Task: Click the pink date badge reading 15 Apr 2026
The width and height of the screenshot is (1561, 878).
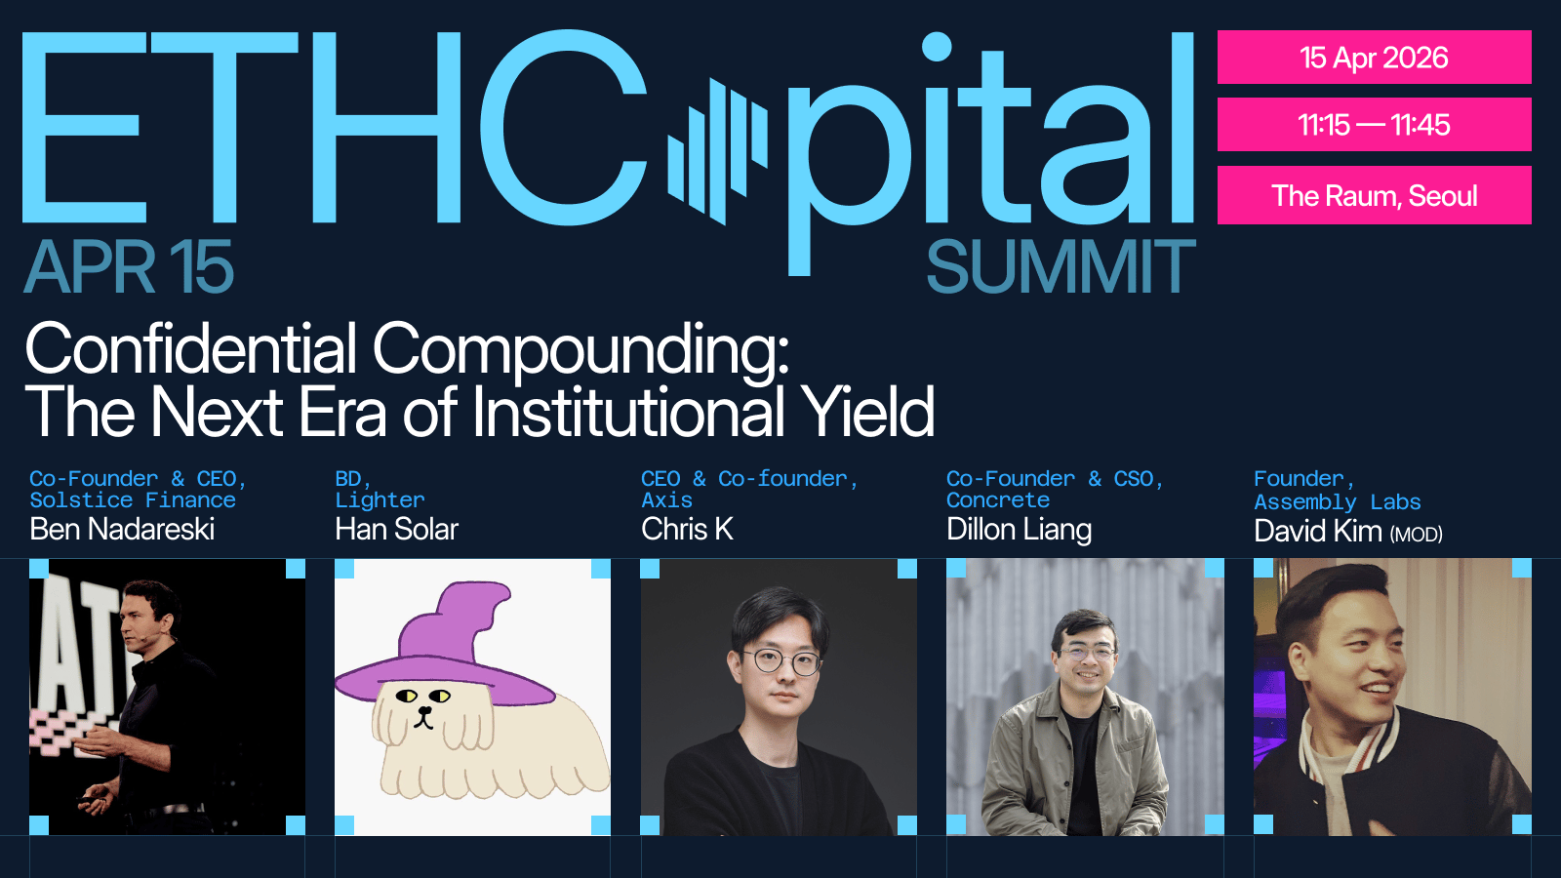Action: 1374,58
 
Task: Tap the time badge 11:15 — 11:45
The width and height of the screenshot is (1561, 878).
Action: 1374,125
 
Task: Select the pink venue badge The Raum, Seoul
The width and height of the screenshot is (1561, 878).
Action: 1374,196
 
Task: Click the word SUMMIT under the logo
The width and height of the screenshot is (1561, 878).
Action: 1061,266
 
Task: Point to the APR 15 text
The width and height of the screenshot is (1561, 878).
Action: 129,266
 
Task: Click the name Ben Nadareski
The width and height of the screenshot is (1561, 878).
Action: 122,530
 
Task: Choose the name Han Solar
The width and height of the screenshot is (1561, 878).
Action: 396,530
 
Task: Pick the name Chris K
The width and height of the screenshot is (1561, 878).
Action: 687,530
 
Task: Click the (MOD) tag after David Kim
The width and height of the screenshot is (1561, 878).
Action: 1416,535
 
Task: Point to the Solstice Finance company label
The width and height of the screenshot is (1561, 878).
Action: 133,500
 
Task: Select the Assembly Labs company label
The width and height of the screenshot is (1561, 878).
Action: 1338,502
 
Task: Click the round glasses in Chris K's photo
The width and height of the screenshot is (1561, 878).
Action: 781,660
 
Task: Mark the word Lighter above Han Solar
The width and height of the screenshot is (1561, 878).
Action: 380,500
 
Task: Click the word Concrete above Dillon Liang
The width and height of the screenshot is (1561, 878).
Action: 998,500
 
